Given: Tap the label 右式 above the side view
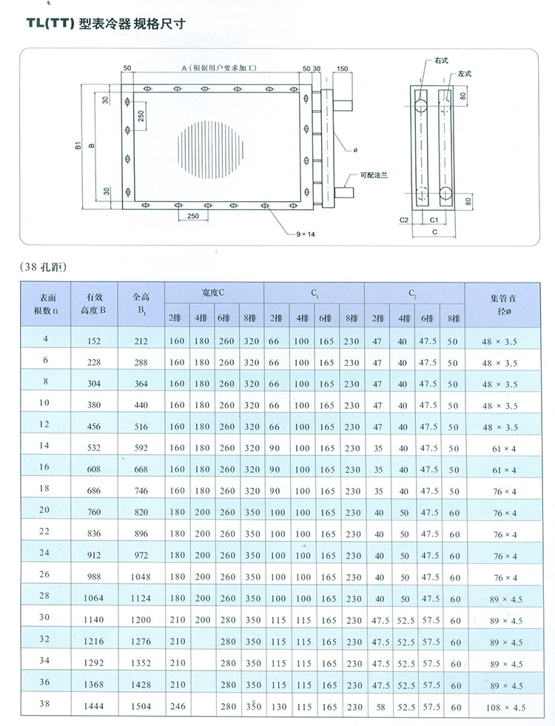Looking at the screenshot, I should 443,59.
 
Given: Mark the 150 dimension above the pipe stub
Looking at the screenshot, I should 342,69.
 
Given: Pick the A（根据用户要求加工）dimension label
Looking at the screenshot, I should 218,68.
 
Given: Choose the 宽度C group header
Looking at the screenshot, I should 213,294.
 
